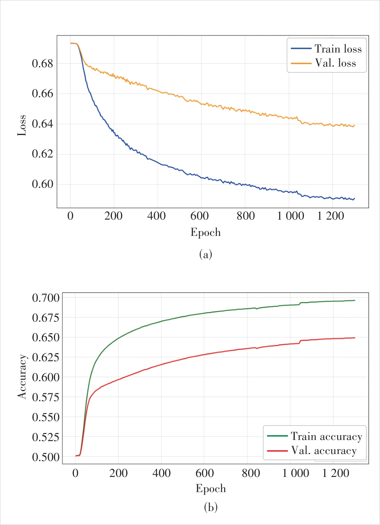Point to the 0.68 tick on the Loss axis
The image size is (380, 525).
(x=42, y=64)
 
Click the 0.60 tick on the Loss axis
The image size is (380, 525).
(x=42, y=184)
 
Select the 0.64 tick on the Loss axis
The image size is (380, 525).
(x=42, y=124)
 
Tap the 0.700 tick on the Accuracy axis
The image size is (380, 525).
(x=46, y=298)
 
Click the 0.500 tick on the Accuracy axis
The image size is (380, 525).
(x=46, y=457)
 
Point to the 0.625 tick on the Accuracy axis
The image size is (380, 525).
(x=46, y=358)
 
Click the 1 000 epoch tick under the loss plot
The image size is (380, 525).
(x=291, y=216)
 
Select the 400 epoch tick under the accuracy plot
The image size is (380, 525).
(x=161, y=473)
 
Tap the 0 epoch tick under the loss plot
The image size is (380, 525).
(x=70, y=216)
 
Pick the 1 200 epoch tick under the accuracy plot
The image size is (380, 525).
(x=336, y=473)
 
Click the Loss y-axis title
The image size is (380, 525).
(x=22, y=125)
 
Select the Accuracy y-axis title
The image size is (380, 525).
(x=22, y=377)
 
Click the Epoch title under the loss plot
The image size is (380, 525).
(x=206, y=232)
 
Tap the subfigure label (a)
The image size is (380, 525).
(x=206, y=254)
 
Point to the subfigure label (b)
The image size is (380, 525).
(x=211, y=507)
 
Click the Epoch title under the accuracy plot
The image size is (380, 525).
(x=211, y=488)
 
